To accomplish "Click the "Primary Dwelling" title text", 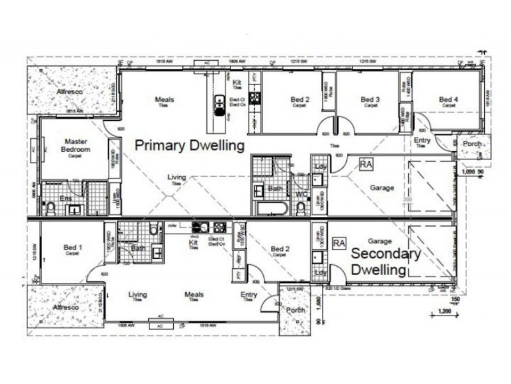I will point(190,145).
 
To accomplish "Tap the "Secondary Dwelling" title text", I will point(386,262).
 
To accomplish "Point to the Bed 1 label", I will point(73,248).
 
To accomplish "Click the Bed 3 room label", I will point(370,99).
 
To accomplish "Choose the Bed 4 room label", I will point(448,99).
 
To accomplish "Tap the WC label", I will point(301,193).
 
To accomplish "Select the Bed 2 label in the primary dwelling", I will point(300,99).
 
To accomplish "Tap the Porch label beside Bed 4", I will point(472,144).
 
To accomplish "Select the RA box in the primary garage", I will point(366,165).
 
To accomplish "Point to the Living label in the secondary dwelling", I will point(137,295).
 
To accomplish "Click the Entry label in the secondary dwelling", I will point(248,295).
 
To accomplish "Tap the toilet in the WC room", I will point(300,208).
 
